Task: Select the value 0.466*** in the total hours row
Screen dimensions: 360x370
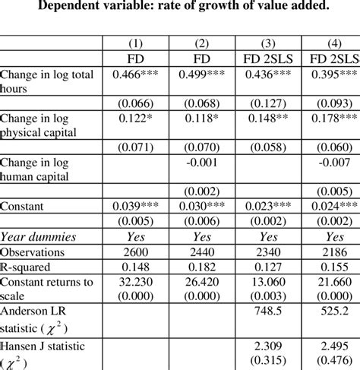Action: click(x=140, y=74)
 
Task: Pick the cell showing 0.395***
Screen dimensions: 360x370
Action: click(x=327, y=74)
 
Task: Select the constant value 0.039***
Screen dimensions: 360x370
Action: click(x=140, y=205)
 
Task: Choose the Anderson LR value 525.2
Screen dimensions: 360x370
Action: click(x=327, y=311)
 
